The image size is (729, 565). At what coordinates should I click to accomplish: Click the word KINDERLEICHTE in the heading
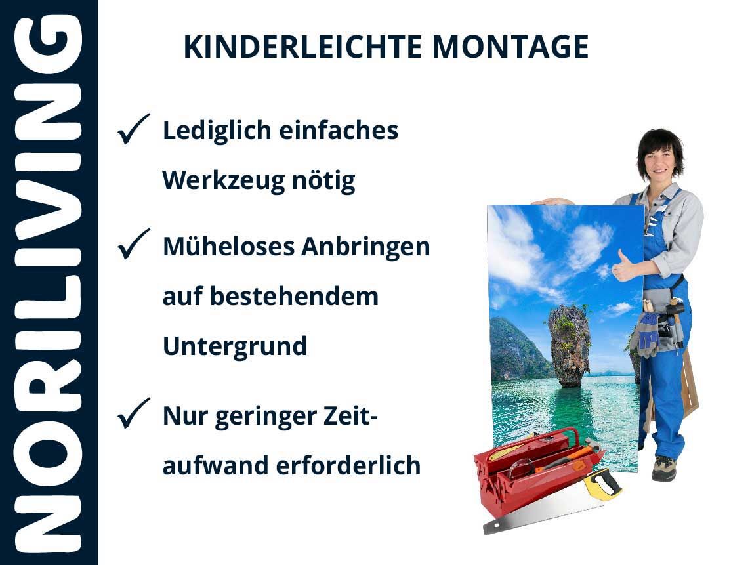302,47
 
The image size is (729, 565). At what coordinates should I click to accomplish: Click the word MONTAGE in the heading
510,47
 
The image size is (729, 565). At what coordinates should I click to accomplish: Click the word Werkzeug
223,181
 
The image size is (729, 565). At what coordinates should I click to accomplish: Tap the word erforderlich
348,466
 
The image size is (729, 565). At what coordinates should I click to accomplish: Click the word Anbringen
365,247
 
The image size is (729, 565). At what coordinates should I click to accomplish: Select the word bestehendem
294,297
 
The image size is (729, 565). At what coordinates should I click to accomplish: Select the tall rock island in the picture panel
569,344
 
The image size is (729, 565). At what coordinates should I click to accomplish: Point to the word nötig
323,181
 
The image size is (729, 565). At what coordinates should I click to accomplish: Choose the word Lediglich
217,131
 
